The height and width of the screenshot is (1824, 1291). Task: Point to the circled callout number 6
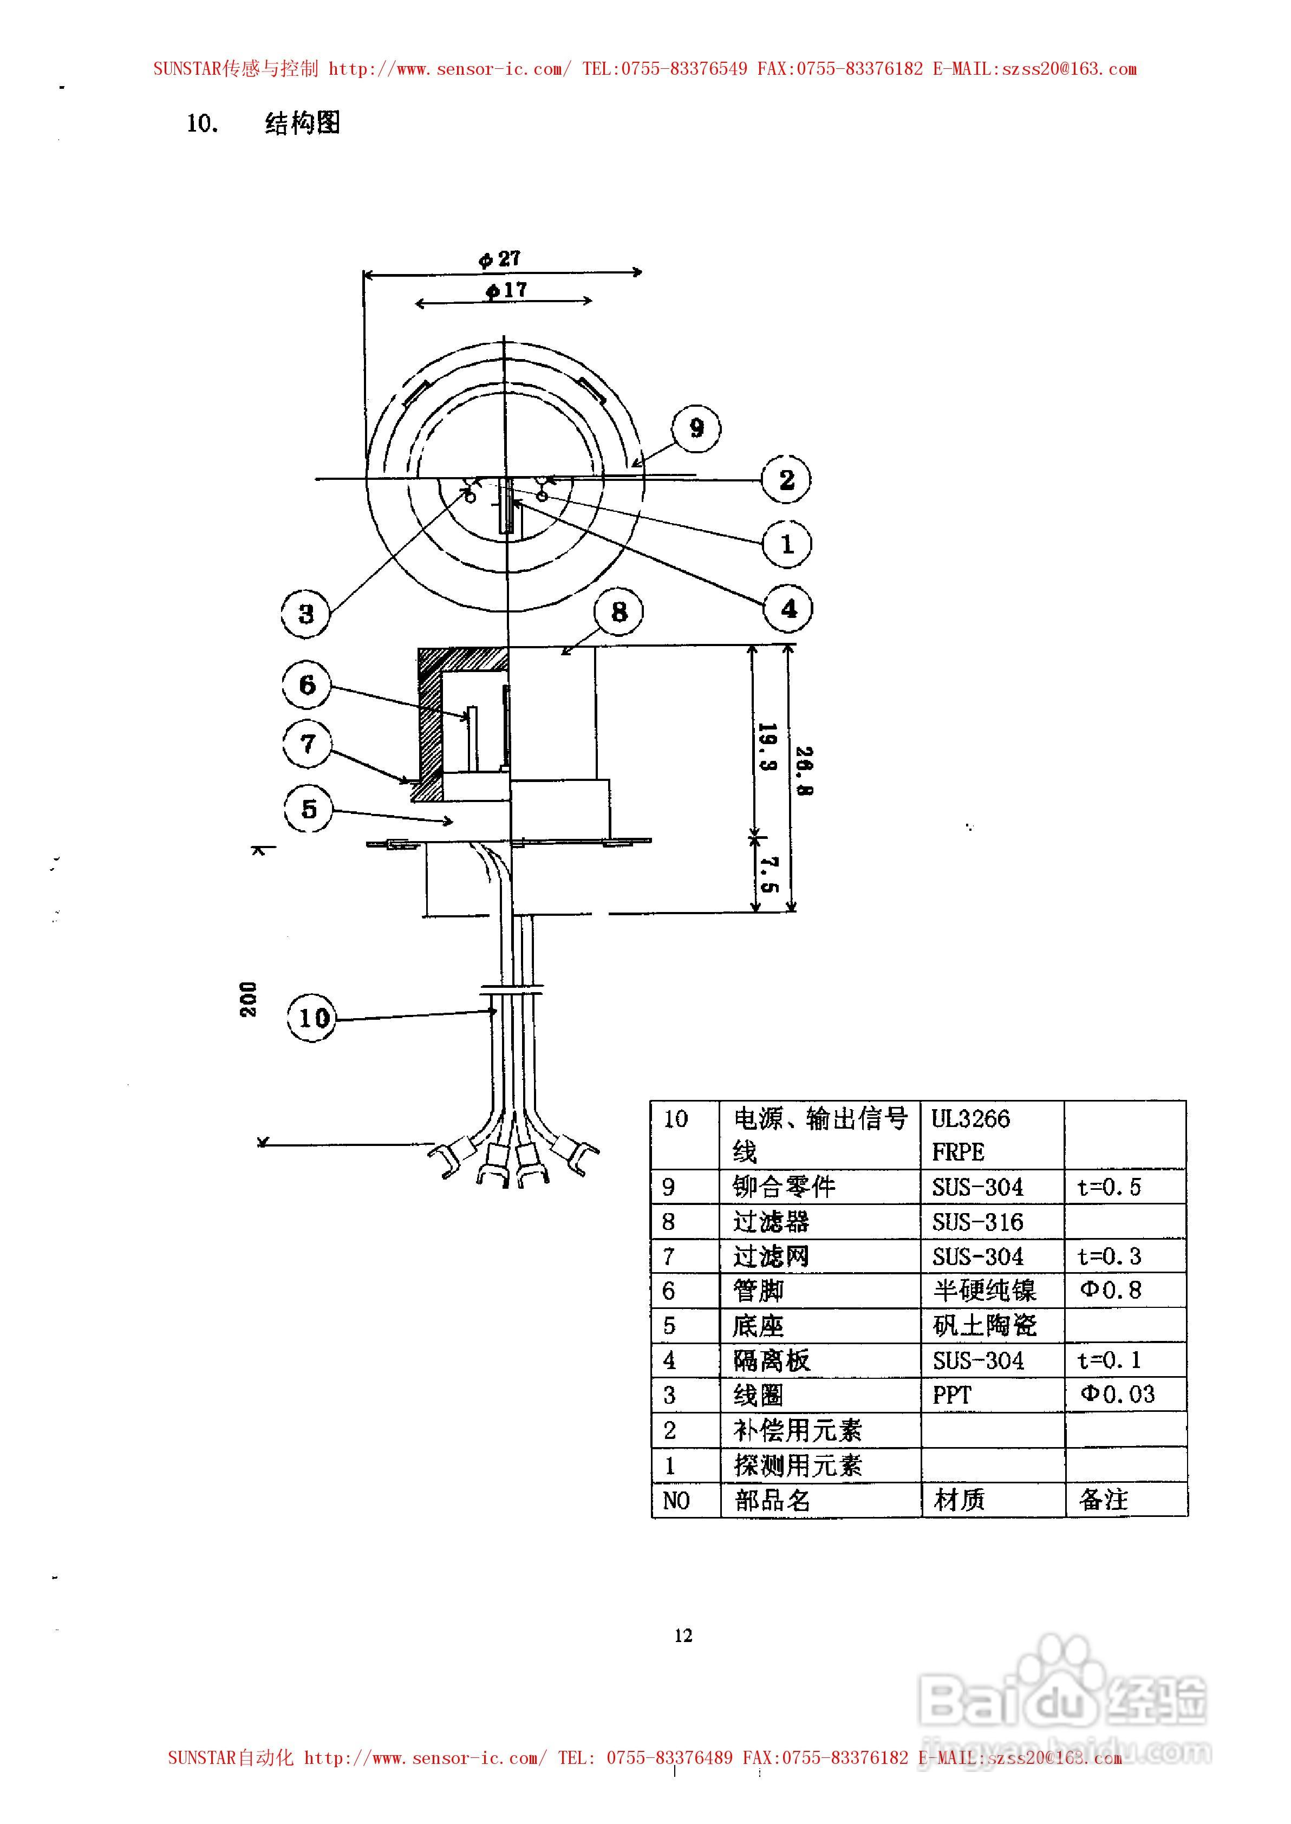[307, 685]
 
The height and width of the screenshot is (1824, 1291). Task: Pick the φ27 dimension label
[499, 258]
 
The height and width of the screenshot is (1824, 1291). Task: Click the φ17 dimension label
[506, 290]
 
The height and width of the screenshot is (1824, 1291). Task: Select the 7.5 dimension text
[768, 874]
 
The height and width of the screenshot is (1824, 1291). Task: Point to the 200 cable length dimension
[248, 999]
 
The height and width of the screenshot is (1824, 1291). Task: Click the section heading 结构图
[302, 123]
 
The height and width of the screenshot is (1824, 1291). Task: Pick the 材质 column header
[960, 1500]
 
